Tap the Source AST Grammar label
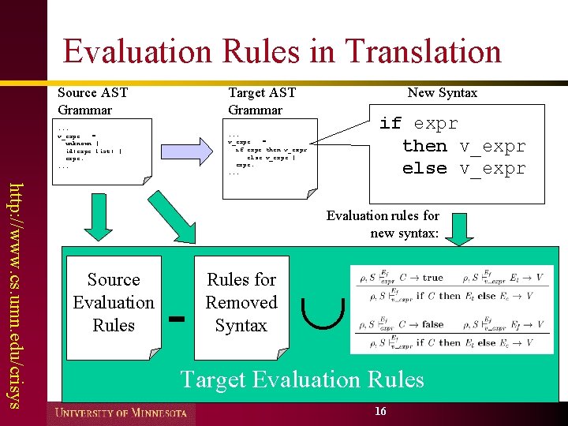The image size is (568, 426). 92,101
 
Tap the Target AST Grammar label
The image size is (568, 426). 262,101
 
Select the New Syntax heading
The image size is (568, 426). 443,93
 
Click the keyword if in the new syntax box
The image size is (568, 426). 390,124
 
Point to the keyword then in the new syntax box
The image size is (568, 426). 424,146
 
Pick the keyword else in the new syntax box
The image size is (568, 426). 424,168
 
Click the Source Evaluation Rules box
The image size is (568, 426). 114,303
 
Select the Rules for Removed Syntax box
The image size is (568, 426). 241,303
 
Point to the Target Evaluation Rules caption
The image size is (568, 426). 302,379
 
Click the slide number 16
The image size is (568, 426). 380,412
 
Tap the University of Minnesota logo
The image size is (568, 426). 121,413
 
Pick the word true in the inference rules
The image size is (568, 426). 433,278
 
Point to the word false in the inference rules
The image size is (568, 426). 433,323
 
